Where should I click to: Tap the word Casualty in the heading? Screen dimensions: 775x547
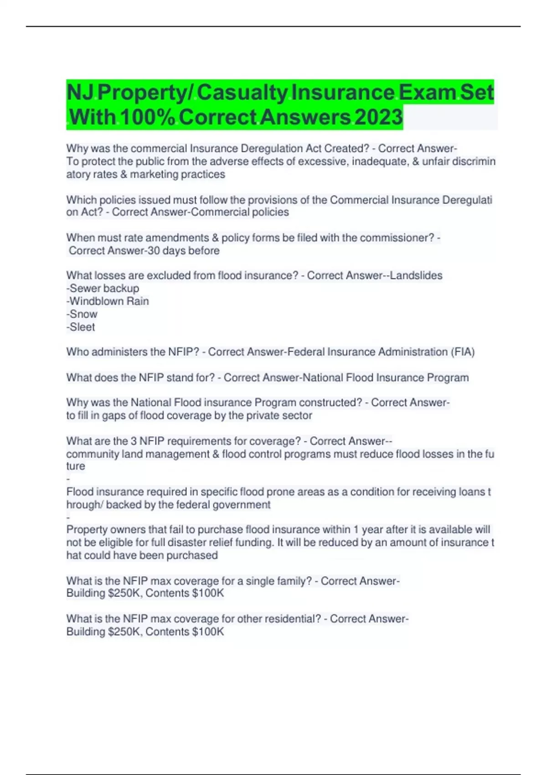point(242,93)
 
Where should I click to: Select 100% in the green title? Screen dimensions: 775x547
point(148,117)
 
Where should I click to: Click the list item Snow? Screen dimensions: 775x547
point(83,314)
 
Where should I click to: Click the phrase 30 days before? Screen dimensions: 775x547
point(184,250)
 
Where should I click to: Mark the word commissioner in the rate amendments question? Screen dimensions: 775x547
point(396,238)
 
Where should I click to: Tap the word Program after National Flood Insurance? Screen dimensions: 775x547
point(448,377)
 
